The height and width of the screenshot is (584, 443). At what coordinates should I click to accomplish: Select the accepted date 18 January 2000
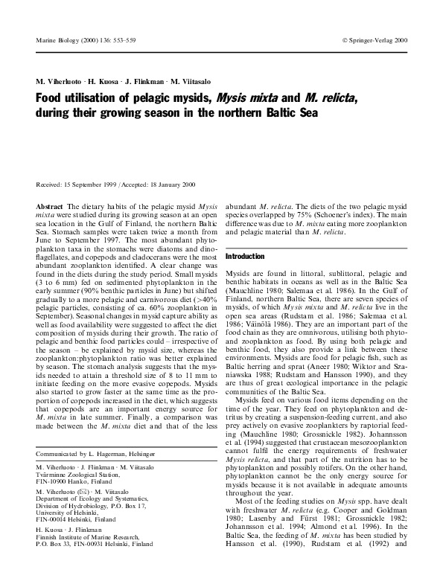coord(176,184)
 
